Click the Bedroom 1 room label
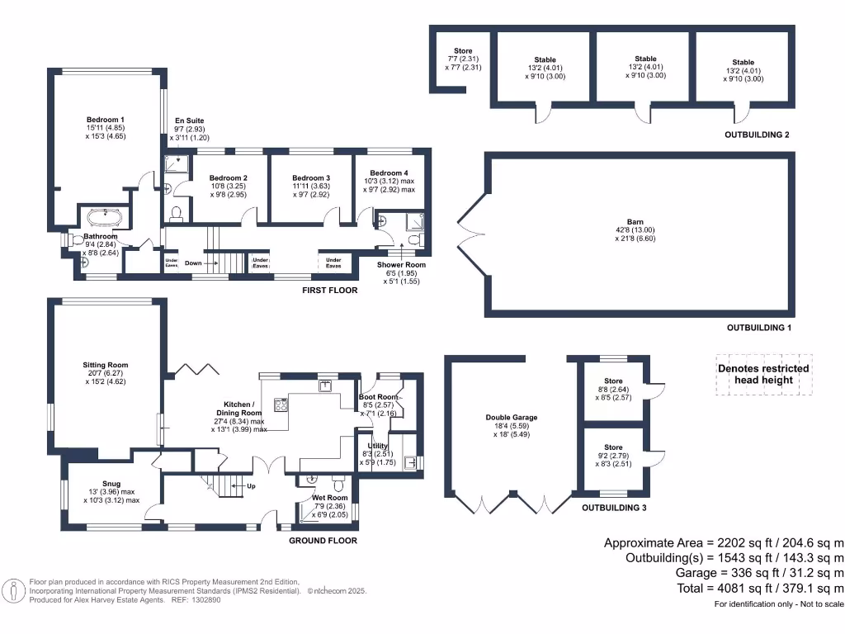click(x=105, y=121)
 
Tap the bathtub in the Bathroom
click(x=105, y=219)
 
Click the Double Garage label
click(x=506, y=418)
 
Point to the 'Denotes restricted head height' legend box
click(x=763, y=374)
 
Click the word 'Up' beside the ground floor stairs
click(x=251, y=486)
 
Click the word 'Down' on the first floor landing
click(x=193, y=263)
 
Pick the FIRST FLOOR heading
click(x=330, y=291)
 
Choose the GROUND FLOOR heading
click(x=323, y=541)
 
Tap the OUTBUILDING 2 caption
click(x=758, y=135)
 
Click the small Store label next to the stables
click(x=463, y=51)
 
